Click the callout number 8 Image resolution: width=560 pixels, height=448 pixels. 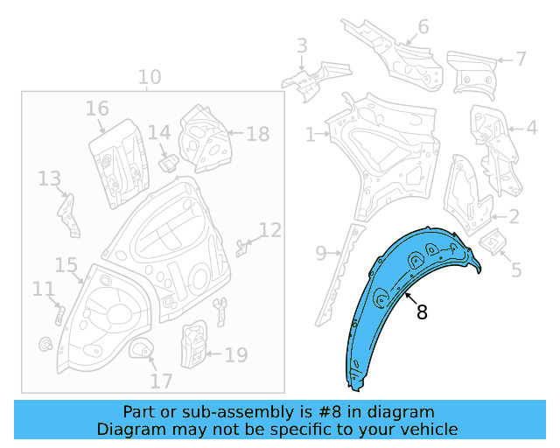[x=422, y=312]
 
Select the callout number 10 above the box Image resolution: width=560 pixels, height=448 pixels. [x=150, y=78]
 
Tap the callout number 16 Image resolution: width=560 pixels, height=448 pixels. [x=97, y=108]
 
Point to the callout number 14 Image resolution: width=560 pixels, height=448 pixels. [x=158, y=132]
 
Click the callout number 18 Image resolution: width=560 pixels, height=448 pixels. [x=257, y=134]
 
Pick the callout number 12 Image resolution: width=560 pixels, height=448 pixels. [x=270, y=230]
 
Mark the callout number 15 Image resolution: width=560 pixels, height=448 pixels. [x=66, y=265]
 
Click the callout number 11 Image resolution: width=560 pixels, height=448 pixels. [x=43, y=288]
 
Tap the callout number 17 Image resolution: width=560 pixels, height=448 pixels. [x=161, y=381]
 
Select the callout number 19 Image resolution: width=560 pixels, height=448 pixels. [x=235, y=354]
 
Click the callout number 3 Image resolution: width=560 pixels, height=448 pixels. [x=302, y=45]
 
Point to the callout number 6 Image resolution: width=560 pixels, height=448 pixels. [x=423, y=27]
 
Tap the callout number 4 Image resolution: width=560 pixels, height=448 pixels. [x=531, y=128]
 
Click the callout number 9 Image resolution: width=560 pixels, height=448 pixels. [x=321, y=254]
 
